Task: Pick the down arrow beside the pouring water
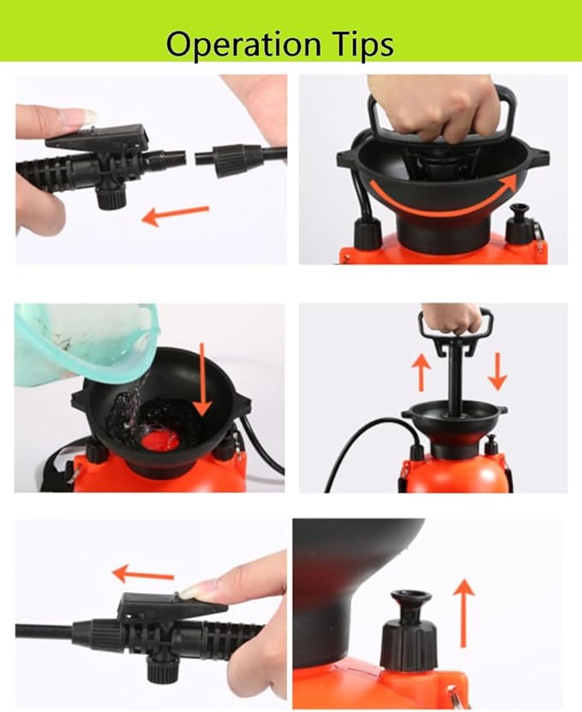coord(201,378)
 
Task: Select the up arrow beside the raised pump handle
coord(421,372)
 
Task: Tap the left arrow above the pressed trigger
coord(143,574)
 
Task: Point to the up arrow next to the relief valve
coord(463,612)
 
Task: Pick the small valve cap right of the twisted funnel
coord(519,225)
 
